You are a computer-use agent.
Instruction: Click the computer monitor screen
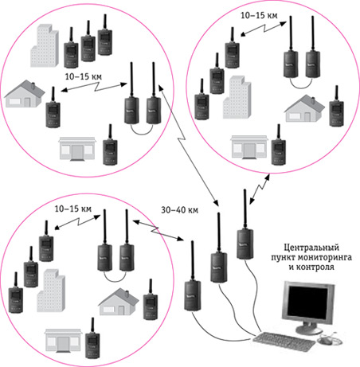coord(308,303)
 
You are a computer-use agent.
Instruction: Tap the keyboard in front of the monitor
coord(284,342)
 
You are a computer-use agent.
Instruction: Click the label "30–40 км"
coord(179,210)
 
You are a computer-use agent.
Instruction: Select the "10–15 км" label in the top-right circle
coord(259,15)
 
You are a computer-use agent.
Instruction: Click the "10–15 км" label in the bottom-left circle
coord(73,209)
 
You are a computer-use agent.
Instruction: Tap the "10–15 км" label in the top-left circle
coord(84,76)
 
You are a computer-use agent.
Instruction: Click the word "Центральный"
coord(311,248)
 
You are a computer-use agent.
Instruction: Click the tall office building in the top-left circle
coord(45,45)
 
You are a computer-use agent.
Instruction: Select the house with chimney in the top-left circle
coord(25,94)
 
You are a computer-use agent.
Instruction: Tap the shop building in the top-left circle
coord(77,149)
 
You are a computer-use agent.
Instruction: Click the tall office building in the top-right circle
coord(237,97)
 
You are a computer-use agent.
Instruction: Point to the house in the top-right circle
coord(304,108)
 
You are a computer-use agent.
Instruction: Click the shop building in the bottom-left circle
coord(63,341)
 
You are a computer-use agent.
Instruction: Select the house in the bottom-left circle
coord(119,302)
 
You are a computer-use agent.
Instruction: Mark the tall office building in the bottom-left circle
coord(51,291)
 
